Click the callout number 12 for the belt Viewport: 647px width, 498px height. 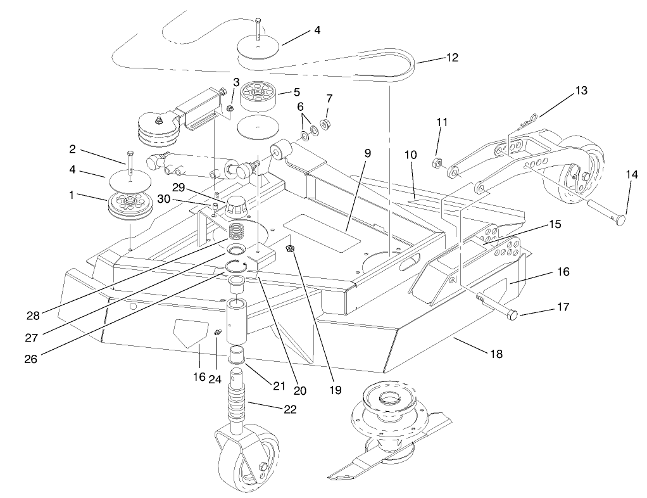coord(452,57)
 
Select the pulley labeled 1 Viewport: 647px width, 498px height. coord(129,206)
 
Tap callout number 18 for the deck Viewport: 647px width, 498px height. coord(496,354)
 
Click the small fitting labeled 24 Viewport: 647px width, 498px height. coord(216,332)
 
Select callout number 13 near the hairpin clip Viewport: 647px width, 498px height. coord(581,91)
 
